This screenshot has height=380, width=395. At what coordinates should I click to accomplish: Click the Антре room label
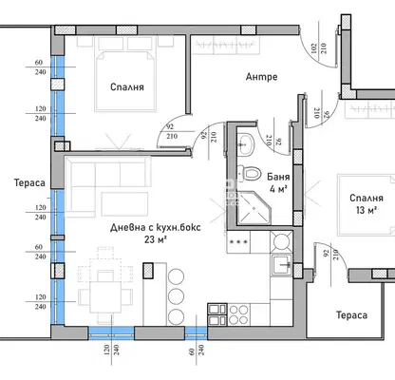coord(261,77)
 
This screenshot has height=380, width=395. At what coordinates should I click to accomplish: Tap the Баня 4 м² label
coord(278,182)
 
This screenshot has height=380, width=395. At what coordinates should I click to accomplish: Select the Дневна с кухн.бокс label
coord(156,227)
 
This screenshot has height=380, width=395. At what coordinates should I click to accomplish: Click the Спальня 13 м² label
coord(367,204)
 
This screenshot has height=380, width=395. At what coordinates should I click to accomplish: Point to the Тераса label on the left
coord(29,182)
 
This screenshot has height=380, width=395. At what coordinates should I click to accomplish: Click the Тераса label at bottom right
coord(351,315)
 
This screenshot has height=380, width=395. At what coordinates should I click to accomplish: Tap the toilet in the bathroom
coord(249,173)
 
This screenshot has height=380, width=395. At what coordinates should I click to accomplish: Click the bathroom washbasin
coord(245,144)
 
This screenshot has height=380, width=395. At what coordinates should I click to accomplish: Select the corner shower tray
coord(254,208)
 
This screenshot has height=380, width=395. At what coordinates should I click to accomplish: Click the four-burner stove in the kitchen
coord(238,314)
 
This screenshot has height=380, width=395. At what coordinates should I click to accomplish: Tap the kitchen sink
coord(281,265)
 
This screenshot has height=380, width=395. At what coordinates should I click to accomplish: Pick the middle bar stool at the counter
coord(177,296)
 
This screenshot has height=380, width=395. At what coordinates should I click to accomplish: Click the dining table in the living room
coord(105,296)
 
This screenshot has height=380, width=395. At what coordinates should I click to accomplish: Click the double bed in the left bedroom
coord(125,82)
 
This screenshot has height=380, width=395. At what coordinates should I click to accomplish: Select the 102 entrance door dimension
coord(313,48)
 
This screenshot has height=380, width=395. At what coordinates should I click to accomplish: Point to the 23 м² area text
coord(156,239)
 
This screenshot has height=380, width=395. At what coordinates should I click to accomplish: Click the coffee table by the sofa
coord(124,204)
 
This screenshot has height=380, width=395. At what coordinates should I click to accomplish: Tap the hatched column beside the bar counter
coord(148,271)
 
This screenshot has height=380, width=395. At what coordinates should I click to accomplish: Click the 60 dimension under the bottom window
coord(192,351)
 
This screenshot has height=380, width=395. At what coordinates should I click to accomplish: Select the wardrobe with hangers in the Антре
coord(226,46)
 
